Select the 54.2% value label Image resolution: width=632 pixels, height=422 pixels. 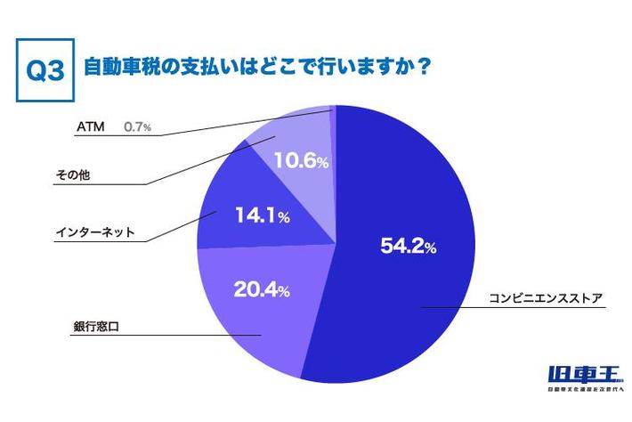coord(408,247)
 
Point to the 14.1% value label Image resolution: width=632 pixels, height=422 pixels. coord(259,214)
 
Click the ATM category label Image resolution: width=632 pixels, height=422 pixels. coord(90,127)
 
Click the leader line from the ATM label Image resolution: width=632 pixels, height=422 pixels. coord(223,125)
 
